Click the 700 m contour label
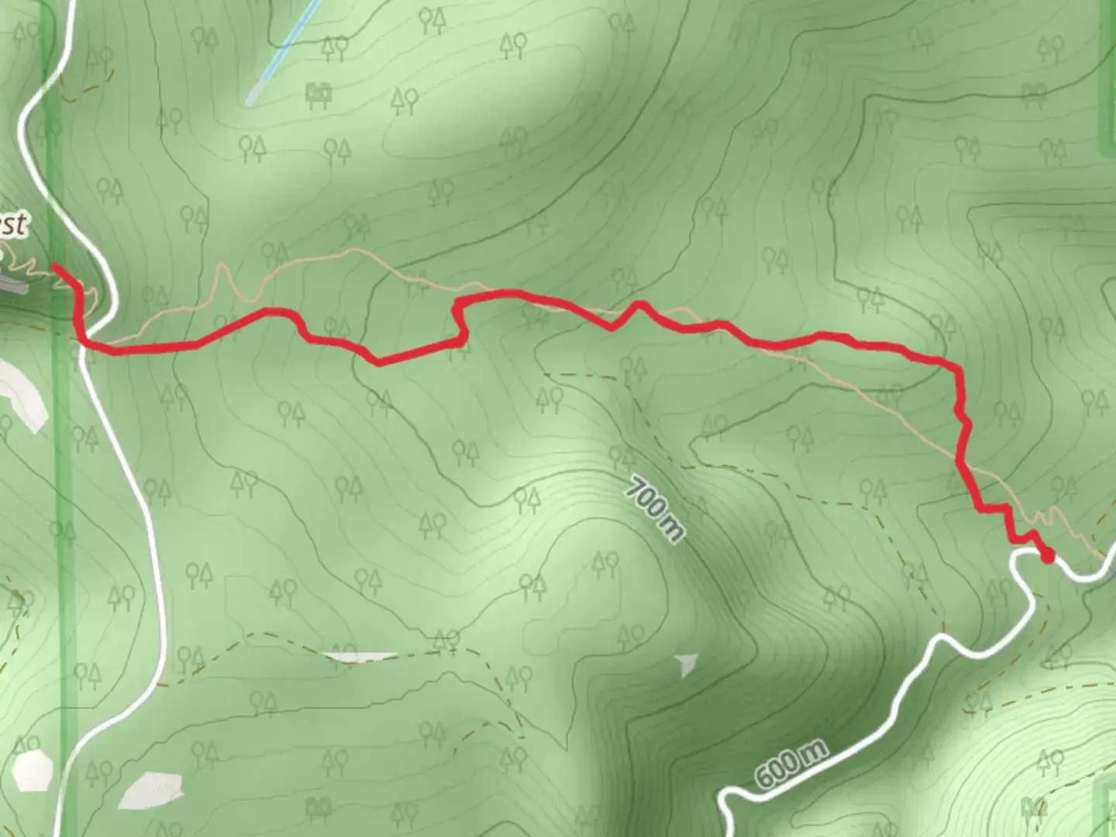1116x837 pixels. coord(656,509)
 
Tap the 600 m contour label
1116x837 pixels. coord(790,763)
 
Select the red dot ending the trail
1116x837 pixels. coord(1047,556)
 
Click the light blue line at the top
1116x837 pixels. coord(282,50)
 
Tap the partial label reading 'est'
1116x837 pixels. coord(14,225)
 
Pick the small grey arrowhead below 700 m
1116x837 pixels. coord(687,663)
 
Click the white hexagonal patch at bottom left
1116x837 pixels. coord(33,770)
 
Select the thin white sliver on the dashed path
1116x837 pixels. coord(360,657)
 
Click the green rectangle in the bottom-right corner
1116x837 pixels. coord(1105,806)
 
